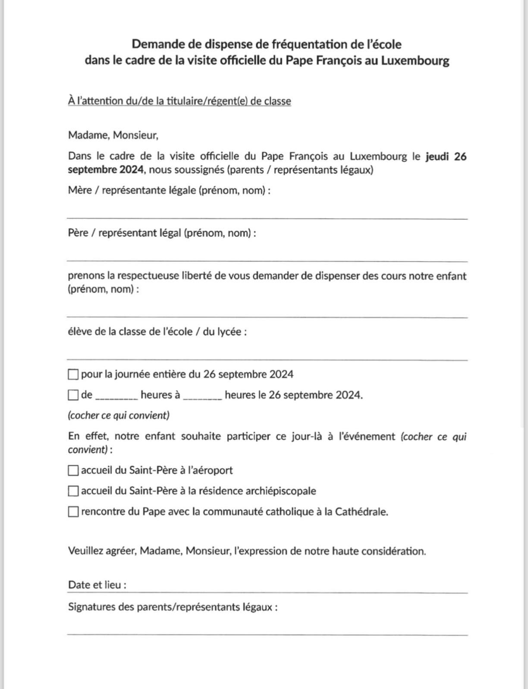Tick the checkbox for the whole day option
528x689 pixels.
click(73, 374)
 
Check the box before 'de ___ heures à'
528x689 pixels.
click(73, 395)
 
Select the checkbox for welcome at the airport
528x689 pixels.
click(73, 470)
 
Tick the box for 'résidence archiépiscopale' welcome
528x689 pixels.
click(73, 491)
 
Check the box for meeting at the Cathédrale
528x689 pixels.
click(73, 512)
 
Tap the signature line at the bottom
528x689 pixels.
click(267, 632)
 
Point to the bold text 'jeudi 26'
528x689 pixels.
click(446, 156)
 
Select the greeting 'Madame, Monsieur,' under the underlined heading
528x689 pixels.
click(113, 135)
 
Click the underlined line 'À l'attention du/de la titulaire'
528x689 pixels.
click(179, 101)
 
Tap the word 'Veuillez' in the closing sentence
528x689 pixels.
click(85, 551)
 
